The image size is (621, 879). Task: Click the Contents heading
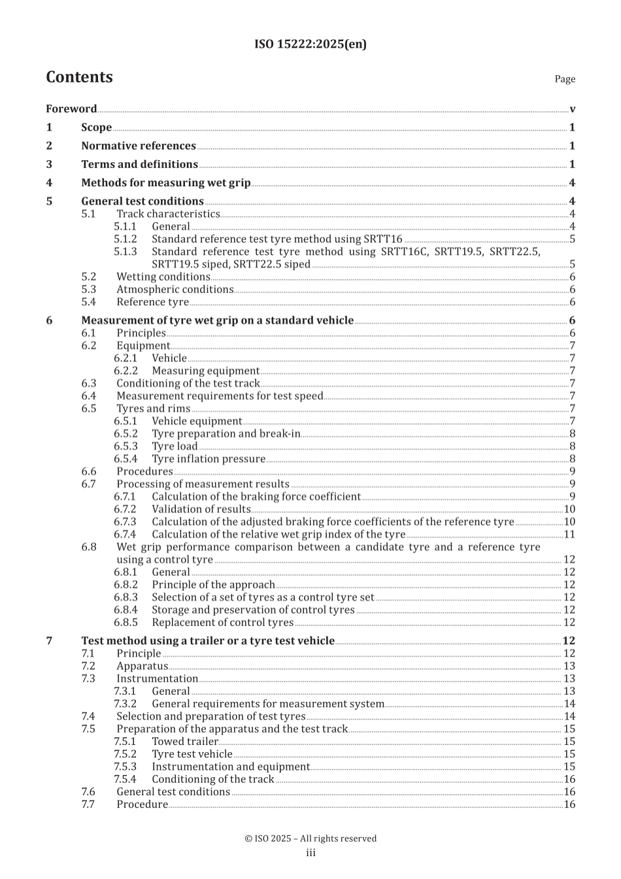(x=79, y=77)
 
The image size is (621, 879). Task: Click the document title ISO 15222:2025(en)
(x=310, y=44)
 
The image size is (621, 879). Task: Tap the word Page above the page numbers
(x=565, y=79)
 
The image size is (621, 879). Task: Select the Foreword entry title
(x=71, y=109)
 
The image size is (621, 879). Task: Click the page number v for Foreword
(x=573, y=109)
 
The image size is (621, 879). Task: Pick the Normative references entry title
(x=138, y=146)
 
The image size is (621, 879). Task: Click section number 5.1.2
(x=126, y=239)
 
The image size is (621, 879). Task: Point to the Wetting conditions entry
(x=163, y=277)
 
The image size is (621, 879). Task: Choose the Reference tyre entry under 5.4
(x=152, y=302)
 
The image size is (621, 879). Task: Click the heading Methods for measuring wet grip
(x=165, y=183)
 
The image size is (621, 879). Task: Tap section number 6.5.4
(x=126, y=459)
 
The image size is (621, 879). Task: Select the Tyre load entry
(x=175, y=446)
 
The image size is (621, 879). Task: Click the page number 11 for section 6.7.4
(x=569, y=535)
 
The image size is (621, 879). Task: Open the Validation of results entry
(x=201, y=509)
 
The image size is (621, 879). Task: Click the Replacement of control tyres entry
(x=222, y=622)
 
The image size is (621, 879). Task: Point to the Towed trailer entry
(x=184, y=741)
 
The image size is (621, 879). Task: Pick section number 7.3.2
(x=126, y=704)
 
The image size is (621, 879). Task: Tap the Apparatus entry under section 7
(x=142, y=666)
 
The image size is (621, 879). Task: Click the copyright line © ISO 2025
(x=310, y=838)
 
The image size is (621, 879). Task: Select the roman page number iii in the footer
(x=310, y=853)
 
